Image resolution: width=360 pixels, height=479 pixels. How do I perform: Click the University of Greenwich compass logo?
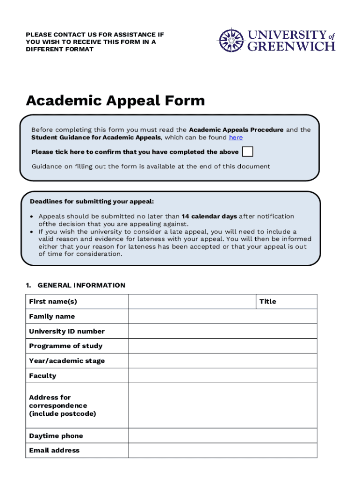(x=230, y=40)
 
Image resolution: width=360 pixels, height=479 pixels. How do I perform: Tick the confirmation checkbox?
(x=248, y=152)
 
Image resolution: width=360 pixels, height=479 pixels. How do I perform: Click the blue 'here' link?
(x=236, y=138)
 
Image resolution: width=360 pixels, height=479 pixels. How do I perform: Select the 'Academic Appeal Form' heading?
(x=115, y=101)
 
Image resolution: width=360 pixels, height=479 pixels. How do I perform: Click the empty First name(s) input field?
(x=192, y=302)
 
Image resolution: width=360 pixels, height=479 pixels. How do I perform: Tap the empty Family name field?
(x=222, y=317)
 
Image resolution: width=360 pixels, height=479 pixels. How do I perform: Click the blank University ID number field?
(x=222, y=331)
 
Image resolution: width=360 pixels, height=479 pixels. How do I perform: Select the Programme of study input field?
(x=222, y=346)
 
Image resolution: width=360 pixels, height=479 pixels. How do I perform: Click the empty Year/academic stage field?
(x=222, y=361)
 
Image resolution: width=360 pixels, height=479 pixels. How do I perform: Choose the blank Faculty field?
(x=222, y=376)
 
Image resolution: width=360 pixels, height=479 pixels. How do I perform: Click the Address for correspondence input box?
(x=222, y=406)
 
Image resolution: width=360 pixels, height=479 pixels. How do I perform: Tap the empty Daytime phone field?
(x=222, y=435)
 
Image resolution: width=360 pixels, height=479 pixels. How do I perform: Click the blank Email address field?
(x=222, y=450)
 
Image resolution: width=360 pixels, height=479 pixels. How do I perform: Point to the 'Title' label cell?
(x=286, y=302)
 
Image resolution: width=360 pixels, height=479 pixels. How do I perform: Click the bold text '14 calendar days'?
(x=209, y=216)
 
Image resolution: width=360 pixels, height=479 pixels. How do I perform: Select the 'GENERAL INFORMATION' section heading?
(x=81, y=285)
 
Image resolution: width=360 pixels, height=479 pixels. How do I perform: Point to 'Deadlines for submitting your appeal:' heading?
(x=92, y=202)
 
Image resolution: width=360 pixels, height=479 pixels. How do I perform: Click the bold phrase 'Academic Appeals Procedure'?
(x=236, y=130)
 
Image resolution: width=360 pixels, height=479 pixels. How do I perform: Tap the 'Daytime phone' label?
(x=56, y=436)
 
